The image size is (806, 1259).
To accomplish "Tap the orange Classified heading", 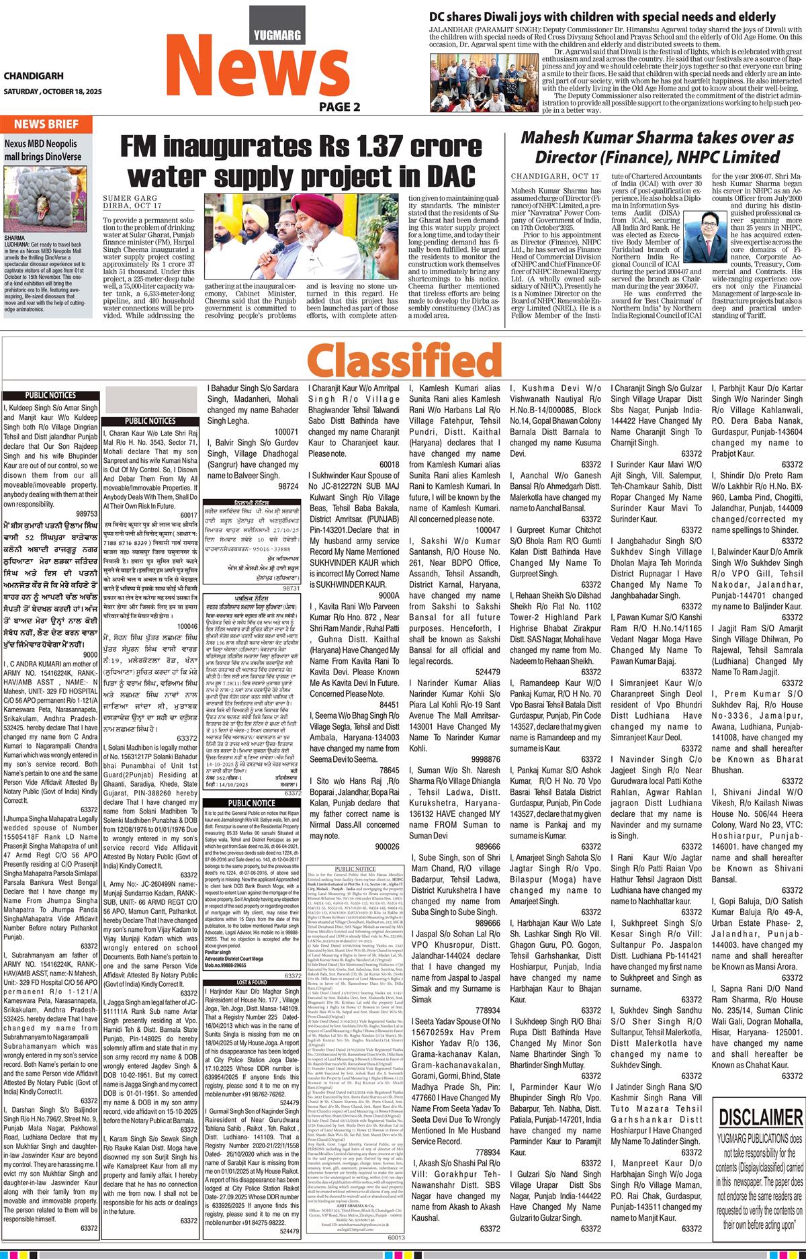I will (x=404, y=360).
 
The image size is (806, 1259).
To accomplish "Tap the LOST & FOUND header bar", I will (x=251, y=982).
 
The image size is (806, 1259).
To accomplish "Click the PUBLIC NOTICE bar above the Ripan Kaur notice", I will (x=251, y=802).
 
